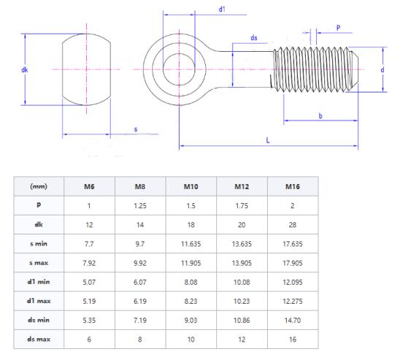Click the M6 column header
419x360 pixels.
(89, 186)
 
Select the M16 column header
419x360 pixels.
(293, 186)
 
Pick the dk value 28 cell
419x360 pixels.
(293, 224)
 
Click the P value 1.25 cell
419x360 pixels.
(139, 205)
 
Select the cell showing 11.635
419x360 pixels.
(191, 243)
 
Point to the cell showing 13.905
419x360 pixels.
(242, 262)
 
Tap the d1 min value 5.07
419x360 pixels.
(89, 281)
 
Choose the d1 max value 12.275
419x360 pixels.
(293, 300)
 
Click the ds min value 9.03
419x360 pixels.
(191, 319)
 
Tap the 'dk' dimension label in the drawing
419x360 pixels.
(25, 70)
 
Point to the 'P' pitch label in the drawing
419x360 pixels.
(339, 27)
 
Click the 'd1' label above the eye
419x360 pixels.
(222, 9)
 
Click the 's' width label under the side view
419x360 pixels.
(134, 129)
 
